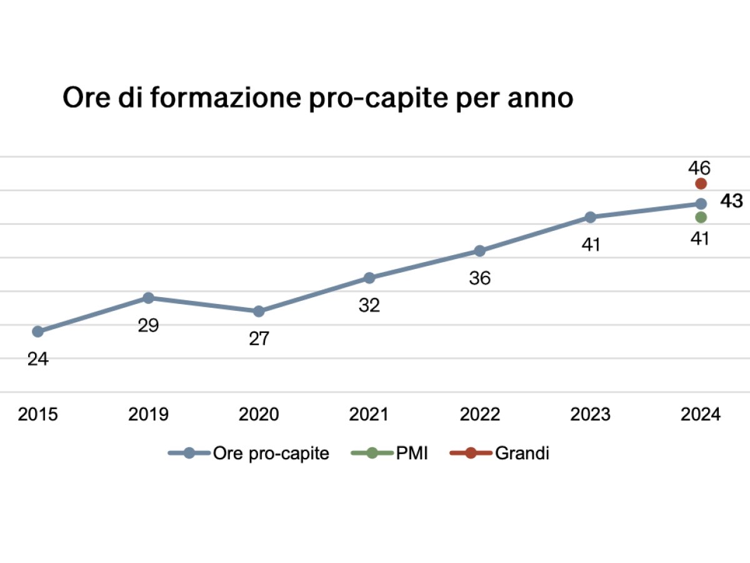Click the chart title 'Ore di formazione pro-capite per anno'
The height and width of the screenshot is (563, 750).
click(x=317, y=98)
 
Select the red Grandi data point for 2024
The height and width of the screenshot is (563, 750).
click(x=701, y=183)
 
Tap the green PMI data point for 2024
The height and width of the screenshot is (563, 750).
click(x=701, y=217)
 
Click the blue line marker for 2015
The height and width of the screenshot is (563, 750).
click(x=37, y=331)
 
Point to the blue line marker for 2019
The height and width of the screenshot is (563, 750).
click(x=148, y=298)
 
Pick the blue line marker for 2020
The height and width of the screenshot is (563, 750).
click(x=259, y=311)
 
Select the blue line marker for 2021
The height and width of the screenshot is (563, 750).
click(x=369, y=277)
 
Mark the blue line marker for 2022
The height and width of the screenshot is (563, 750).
click(x=480, y=251)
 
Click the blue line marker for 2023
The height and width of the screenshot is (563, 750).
click(x=591, y=217)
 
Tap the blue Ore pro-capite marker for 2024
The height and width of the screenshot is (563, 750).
click(x=701, y=203)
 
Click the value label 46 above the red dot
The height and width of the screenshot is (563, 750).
click(x=699, y=168)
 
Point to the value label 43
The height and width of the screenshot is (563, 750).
click(x=731, y=201)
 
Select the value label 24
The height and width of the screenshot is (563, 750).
click(x=38, y=360)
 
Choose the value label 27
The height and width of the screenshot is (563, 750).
click(x=259, y=339)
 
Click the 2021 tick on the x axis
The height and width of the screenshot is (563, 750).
click(x=369, y=414)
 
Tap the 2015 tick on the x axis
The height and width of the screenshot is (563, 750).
click(x=37, y=414)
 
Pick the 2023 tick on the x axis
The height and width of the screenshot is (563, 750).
click(x=591, y=414)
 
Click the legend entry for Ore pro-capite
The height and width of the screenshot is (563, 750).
click(x=249, y=454)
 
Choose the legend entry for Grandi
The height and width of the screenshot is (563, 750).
click(x=499, y=454)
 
